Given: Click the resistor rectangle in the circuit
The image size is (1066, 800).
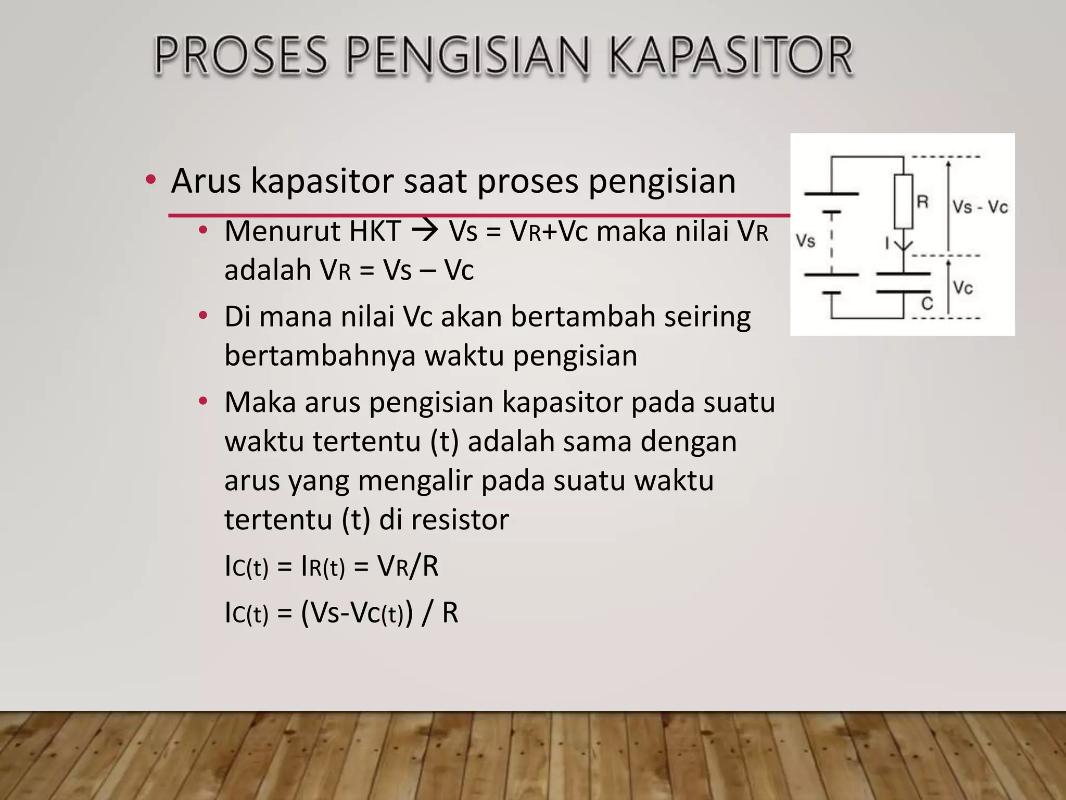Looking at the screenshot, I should [x=904, y=202].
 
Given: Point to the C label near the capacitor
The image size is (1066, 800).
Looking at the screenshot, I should [x=927, y=304].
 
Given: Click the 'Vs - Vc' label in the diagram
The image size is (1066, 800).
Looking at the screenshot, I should [x=980, y=207].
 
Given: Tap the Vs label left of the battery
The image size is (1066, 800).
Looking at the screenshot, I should [x=805, y=241].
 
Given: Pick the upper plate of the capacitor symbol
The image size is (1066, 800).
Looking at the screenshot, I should [x=903, y=273].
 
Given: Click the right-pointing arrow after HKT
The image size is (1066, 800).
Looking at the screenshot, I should [x=424, y=231].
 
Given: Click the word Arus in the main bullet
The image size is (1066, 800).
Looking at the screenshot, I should [x=206, y=181].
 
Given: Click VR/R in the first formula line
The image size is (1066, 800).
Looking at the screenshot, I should [x=408, y=566].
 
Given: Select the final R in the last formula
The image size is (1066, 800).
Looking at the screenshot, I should [x=450, y=613].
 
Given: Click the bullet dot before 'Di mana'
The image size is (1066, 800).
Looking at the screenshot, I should [x=204, y=316].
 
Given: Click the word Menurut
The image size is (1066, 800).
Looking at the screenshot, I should [x=282, y=231].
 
